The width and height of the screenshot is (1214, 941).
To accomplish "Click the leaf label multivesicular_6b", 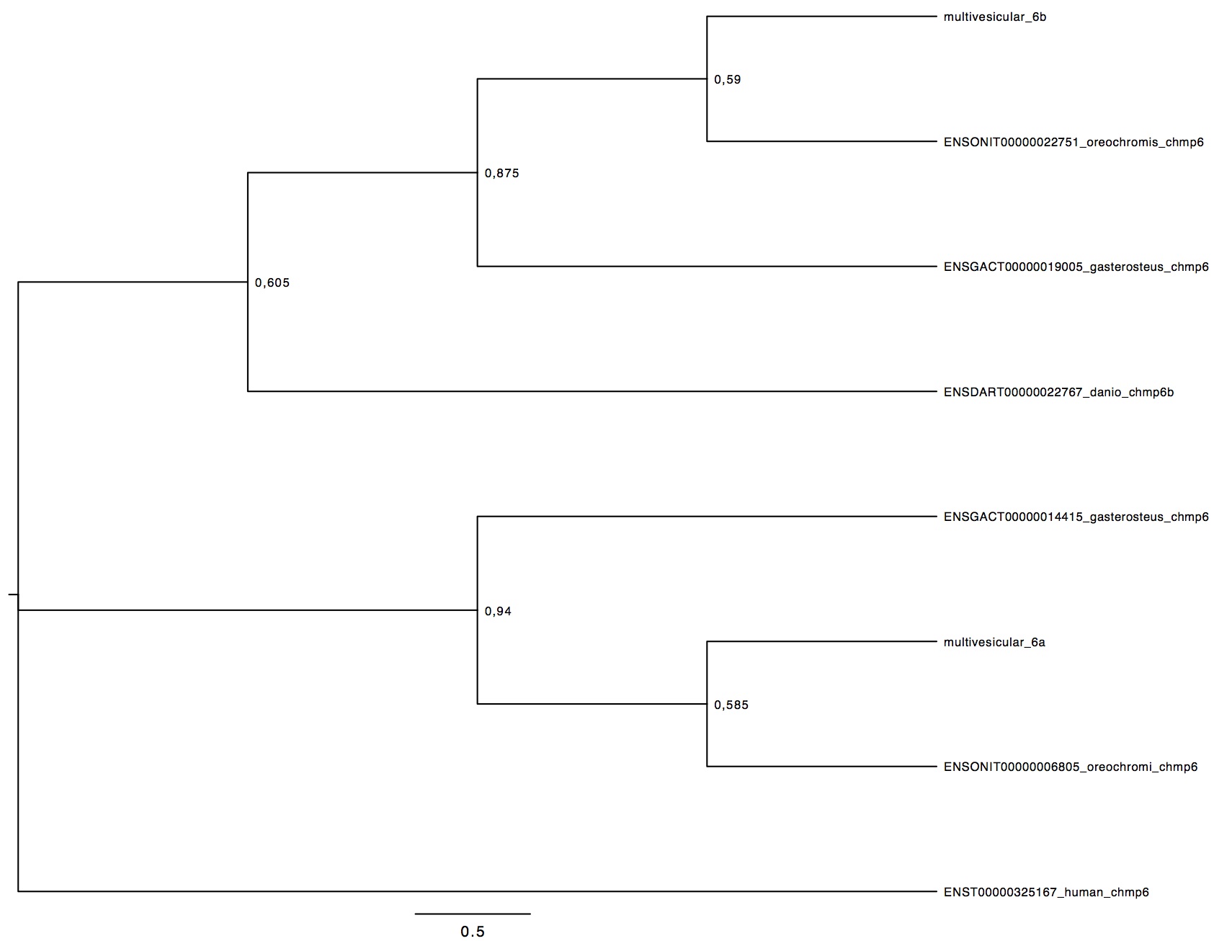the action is click(994, 17).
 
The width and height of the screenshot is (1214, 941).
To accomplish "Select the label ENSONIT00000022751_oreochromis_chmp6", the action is click(1074, 142).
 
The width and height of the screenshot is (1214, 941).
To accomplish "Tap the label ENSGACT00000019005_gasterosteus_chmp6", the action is click(1076, 267).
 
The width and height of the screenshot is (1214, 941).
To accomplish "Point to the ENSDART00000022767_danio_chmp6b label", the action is click(1058, 393).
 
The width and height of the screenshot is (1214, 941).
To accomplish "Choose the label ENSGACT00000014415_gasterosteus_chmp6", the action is click(1076, 517).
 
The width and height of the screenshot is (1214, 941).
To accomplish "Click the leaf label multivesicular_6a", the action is click(994, 643).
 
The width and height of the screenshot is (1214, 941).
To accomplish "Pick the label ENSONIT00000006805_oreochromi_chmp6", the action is click(1071, 767).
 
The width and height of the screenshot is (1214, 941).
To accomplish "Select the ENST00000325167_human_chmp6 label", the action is click(1046, 893).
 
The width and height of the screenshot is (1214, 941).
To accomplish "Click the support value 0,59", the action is click(728, 80).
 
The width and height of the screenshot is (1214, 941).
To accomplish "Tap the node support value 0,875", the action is click(501, 174).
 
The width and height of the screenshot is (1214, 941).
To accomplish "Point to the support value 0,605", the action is click(272, 283).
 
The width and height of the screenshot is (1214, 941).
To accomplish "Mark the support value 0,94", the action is click(498, 612).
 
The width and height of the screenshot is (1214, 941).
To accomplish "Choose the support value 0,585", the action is click(731, 705).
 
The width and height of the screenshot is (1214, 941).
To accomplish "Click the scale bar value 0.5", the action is click(473, 932).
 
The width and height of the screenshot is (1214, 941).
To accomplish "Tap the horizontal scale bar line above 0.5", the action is click(473, 914).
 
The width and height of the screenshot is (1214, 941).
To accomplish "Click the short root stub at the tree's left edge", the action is click(13, 594).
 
